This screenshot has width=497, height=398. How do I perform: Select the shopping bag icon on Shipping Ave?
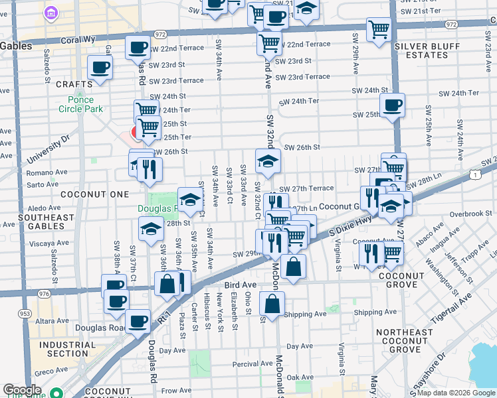[272, 304]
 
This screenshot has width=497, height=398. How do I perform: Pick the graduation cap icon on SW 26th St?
[268, 161]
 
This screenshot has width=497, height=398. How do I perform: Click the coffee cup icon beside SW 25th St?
[392, 105]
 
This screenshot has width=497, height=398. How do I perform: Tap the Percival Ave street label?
[241, 364]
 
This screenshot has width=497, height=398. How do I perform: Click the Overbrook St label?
[469, 214]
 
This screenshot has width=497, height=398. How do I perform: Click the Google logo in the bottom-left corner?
[22, 390]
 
